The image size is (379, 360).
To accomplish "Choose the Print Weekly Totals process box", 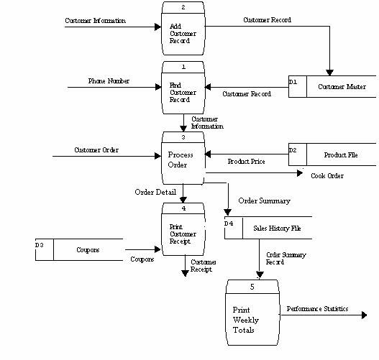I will [252, 313].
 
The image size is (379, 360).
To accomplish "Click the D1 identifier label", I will [293, 83].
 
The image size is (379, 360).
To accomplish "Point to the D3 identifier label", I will [40, 245].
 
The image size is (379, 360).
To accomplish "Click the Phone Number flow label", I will [109, 81].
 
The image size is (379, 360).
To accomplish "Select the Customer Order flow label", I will [96, 149].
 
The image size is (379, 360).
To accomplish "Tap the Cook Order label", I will [327, 175].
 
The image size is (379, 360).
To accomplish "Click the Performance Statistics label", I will [317, 308].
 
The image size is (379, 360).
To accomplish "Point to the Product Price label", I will [246, 162].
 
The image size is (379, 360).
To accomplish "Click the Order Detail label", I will [155, 192].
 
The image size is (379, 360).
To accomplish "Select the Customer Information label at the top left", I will [95, 20].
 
